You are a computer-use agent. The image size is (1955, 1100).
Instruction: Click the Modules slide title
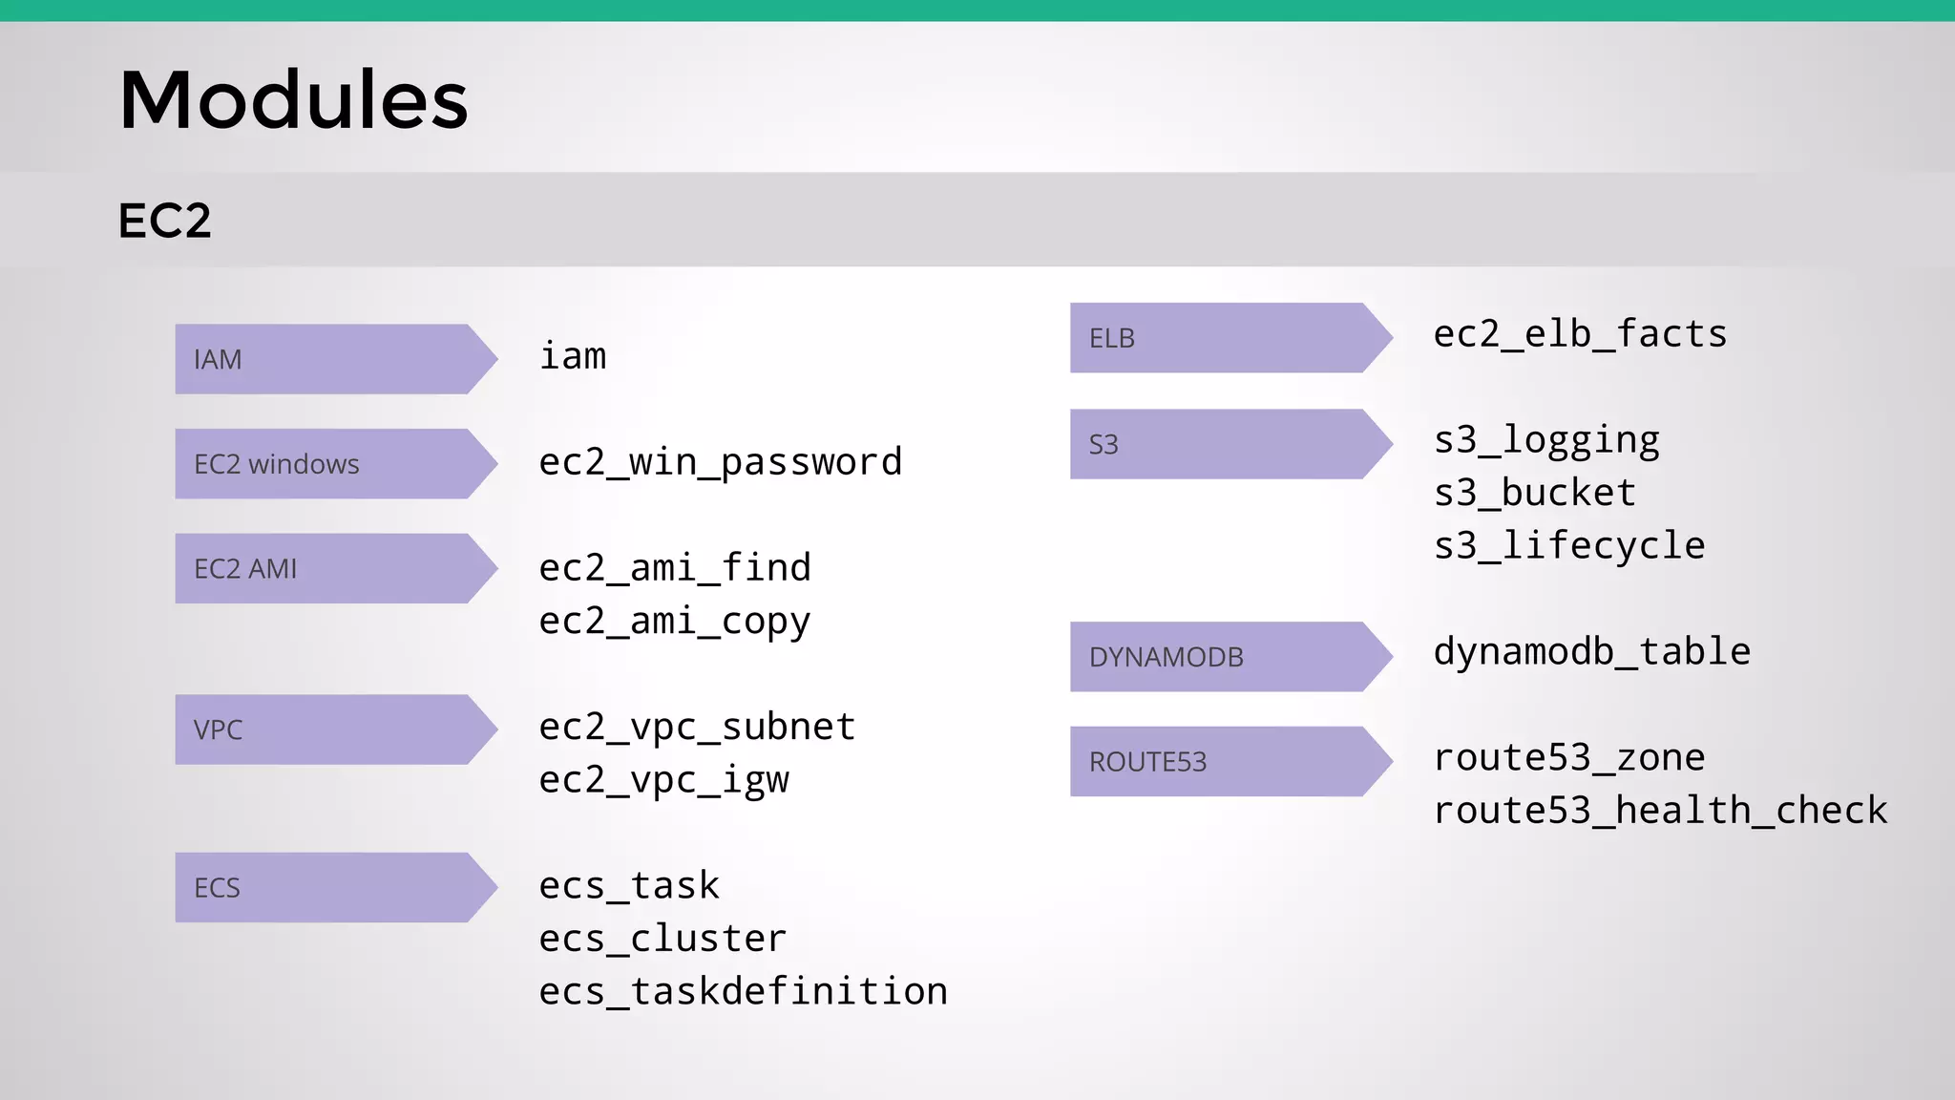(293, 100)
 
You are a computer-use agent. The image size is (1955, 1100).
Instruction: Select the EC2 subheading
(164, 221)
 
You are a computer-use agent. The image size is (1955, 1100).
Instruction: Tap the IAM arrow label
(218, 360)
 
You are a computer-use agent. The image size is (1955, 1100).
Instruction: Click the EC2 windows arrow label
(277, 464)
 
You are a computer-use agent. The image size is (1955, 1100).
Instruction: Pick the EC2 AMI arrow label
(245, 569)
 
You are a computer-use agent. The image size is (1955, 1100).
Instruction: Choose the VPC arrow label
(218, 730)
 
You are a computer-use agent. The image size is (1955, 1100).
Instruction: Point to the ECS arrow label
(217, 888)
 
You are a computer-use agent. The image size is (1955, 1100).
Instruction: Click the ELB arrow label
(1112, 338)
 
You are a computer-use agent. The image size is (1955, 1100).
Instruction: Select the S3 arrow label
(1104, 445)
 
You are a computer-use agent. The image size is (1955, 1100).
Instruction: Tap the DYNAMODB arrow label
(1167, 657)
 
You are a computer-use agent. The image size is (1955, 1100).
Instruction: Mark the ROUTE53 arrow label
(1148, 762)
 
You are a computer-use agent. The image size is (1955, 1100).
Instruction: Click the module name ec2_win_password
(720, 463)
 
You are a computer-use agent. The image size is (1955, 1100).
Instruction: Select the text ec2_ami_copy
(674, 622)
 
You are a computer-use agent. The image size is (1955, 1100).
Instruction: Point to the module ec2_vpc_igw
(663, 780)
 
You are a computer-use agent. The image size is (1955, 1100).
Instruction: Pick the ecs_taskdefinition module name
(743, 991)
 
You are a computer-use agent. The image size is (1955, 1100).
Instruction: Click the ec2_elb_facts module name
(1580, 334)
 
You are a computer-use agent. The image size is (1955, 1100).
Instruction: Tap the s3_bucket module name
(1535, 493)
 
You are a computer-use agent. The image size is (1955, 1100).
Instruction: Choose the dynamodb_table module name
(1591, 652)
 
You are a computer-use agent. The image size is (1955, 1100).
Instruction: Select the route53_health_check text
(1660, 811)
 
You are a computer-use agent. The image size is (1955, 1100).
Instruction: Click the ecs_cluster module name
(662, 939)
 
